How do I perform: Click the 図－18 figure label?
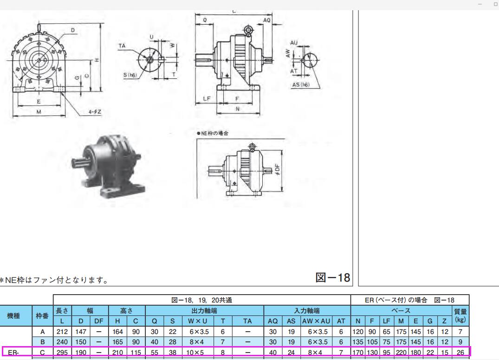tap(332, 277)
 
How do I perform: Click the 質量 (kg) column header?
tap(460, 315)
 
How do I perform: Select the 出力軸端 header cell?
tap(204, 310)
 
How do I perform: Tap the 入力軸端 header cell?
tap(307, 310)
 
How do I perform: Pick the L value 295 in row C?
tap(62, 353)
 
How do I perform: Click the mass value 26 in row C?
tap(460, 353)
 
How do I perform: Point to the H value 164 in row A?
tap(117, 332)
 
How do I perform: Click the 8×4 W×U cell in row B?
tap(197, 342)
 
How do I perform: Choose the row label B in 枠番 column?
tap(42, 342)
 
